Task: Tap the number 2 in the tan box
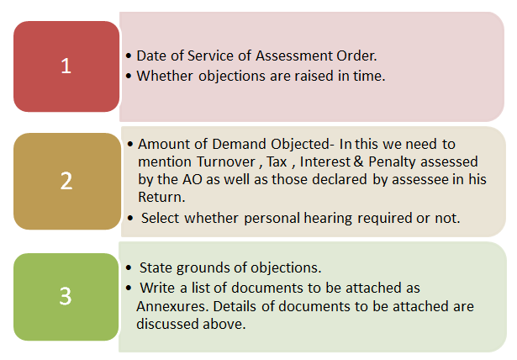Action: click(66, 181)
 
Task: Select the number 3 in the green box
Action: click(66, 295)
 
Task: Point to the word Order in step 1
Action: click(357, 56)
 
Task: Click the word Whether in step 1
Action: click(164, 76)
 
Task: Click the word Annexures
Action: click(171, 306)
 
